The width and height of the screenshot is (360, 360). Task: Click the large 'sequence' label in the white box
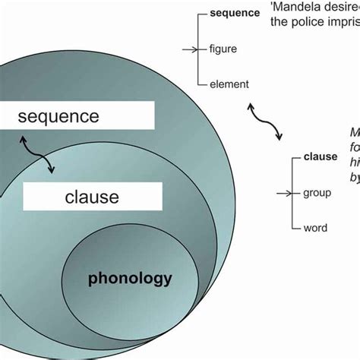(58, 117)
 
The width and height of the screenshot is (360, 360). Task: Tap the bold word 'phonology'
(130, 278)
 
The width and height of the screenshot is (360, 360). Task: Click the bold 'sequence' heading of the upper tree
(235, 14)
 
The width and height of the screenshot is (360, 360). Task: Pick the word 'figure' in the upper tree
(224, 49)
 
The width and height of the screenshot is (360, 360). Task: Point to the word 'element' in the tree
(229, 84)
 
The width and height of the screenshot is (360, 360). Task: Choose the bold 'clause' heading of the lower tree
(321, 157)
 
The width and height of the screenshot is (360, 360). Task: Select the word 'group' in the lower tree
(317, 193)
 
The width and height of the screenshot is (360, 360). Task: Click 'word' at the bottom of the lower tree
(315, 228)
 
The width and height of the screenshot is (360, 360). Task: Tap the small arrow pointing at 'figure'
(188, 49)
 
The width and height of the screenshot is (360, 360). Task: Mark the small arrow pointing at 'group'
(283, 193)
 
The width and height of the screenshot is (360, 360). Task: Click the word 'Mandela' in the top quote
(293, 7)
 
